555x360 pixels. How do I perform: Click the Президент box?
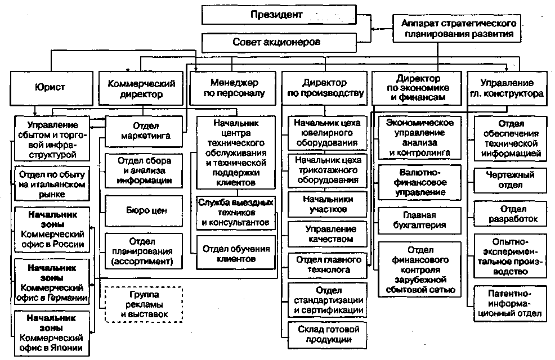tap(279, 15)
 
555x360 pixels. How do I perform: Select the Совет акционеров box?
tap(279, 42)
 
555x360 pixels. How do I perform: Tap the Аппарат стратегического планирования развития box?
tap(456, 28)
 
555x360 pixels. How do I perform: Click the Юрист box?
tap(52, 88)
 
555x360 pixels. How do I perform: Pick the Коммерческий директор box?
tap(141, 88)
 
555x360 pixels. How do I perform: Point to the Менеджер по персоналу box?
tap(232, 88)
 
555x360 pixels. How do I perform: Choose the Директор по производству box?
tap(325, 88)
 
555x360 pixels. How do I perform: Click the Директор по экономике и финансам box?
tap(417, 88)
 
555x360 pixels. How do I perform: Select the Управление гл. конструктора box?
tap(507, 88)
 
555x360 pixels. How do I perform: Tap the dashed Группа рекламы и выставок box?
tap(144, 304)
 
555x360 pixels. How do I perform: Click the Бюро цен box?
tap(144, 211)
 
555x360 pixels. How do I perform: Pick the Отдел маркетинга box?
tap(144, 131)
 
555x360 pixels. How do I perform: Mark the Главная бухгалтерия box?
tap(420, 220)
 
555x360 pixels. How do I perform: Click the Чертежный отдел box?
tap(511, 180)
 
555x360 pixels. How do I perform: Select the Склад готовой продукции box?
tap(328, 335)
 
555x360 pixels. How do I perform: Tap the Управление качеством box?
tap(328, 234)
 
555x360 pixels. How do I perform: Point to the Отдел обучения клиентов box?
tap(236, 254)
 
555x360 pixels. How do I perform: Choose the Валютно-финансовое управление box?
tap(420, 182)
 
